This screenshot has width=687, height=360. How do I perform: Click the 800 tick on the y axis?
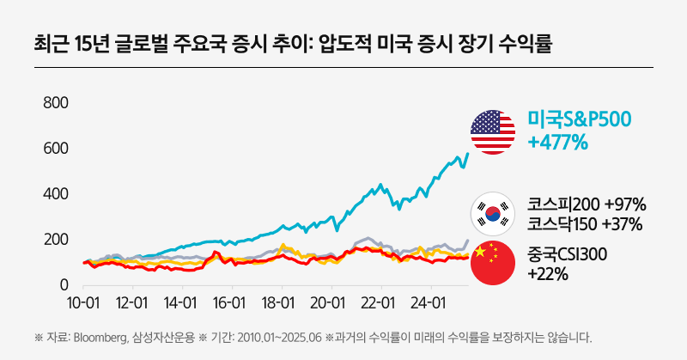(x=56, y=103)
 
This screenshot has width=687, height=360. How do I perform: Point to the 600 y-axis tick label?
(x=56, y=149)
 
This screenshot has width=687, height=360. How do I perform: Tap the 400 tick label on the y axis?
(x=56, y=194)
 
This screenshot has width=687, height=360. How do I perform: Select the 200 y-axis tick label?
(x=56, y=239)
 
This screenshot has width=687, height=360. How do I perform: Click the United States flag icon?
(x=492, y=131)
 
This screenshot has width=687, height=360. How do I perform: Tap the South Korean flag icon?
(x=492, y=214)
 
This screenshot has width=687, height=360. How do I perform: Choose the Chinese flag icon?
(x=492, y=264)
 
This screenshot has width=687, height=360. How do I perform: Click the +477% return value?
(x=558, y=142)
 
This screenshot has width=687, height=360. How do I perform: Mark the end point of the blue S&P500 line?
(x=468, y=154)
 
